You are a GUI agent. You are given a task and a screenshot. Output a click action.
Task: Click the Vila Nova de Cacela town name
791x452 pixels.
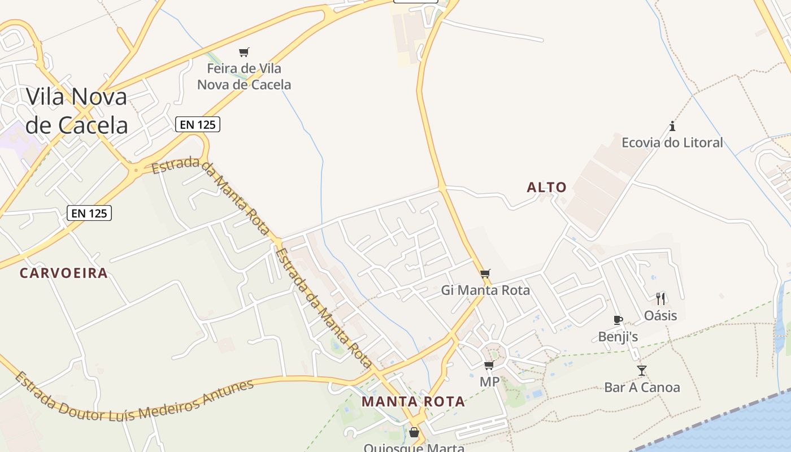77,111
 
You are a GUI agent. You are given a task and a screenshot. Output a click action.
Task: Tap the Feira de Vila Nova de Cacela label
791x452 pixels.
244,76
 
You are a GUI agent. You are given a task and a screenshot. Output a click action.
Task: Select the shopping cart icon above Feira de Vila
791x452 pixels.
244,53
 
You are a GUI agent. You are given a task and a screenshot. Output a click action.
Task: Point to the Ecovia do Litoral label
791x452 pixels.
672,142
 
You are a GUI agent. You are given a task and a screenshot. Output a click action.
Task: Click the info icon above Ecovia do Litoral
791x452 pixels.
672,126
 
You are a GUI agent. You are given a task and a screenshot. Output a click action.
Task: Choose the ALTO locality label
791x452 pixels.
546,188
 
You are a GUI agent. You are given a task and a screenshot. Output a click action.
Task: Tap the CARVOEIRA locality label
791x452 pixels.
63,273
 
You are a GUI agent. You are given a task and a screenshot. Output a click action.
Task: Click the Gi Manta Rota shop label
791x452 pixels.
485,290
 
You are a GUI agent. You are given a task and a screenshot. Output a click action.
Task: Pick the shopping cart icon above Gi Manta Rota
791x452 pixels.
485,274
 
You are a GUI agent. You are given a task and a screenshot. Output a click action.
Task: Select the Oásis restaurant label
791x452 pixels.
660,315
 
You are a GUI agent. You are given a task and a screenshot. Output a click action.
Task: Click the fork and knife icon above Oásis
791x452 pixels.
660,298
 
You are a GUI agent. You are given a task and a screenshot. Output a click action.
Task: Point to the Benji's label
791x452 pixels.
618,337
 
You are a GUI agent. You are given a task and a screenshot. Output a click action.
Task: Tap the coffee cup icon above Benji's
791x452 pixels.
618,320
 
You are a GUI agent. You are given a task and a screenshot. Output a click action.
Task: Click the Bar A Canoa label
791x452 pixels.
642,388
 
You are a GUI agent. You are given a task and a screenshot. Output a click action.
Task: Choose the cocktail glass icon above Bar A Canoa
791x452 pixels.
642,371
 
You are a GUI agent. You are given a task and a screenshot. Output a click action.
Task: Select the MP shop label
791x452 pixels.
489,382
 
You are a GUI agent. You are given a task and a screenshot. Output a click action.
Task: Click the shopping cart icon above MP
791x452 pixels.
489,366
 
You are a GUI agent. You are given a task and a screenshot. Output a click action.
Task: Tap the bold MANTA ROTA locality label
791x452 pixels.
414,402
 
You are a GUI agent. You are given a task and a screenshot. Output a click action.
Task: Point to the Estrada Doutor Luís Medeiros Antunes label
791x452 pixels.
134,399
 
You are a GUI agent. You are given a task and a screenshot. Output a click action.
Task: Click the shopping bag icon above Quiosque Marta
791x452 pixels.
414,432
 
